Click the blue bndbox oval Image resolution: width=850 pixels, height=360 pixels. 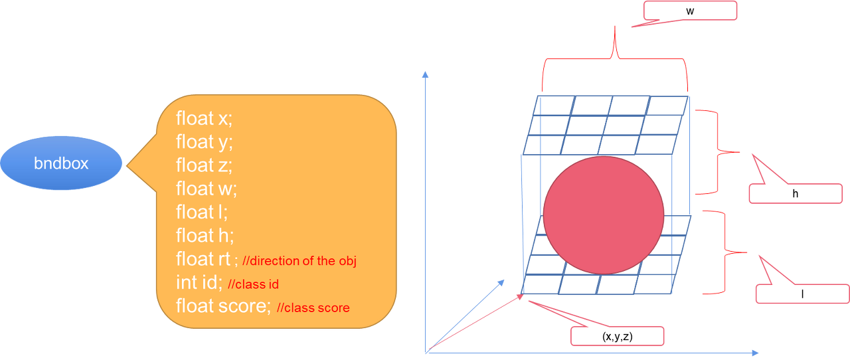click(x=61, y=163)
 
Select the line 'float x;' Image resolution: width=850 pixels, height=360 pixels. click(x=204, y=119)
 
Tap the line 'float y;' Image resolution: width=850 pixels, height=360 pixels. click(x=204, y=141)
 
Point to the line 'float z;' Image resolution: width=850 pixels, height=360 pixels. click(x=204, y=165)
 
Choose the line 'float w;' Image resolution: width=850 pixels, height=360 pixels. click(x=206, y=189)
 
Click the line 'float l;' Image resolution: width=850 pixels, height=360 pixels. click(x=202, y=212)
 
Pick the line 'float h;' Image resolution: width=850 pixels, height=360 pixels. click(x=205, y=235)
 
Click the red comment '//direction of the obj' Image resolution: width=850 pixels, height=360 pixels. click(x=299, y=261)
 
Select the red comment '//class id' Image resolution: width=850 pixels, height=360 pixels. click(x=253, y=284)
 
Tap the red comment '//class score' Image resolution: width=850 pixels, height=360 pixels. click(x=313, y=308)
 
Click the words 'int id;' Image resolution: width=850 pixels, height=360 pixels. click(x=199, y=282)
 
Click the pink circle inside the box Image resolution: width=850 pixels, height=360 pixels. click(x=603, y=215)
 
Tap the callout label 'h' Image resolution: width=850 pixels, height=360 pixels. click(x=795, y=194)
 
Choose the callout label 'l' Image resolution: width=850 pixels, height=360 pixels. click(x=803, y=294)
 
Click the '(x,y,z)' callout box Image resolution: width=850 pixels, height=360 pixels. click(x=617, y=336)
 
